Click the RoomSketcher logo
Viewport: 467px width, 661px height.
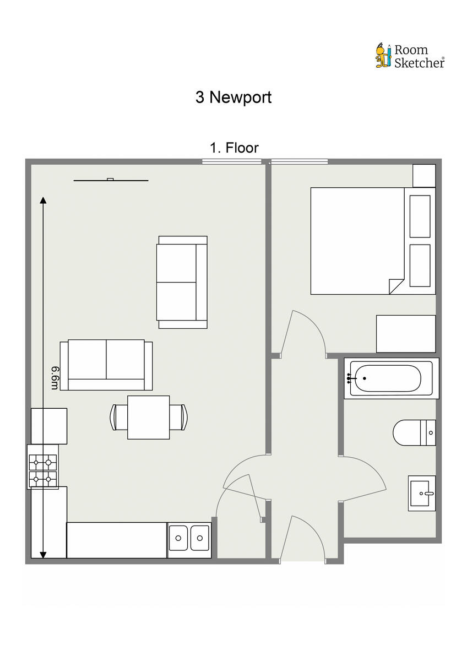(x=410, y=56)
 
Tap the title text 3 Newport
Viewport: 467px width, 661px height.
(x=233, y=97)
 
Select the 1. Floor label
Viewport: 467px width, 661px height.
(x=234, y=148)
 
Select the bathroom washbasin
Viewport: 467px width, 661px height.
(x=422, y=493)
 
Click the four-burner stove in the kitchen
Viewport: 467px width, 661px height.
(x=43, y=467)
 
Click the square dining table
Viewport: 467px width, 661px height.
(x=148, y=417)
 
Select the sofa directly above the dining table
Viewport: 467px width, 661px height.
(x=106, y=365)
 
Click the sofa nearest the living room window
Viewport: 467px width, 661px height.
(x=182, y=282)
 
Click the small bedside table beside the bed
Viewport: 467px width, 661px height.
(x=425, y=175)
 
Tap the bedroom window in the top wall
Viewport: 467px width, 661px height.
(x=300, y=161)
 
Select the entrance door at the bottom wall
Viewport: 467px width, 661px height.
(x=303, y=540)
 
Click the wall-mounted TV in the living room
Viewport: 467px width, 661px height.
(x=111, y=180)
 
